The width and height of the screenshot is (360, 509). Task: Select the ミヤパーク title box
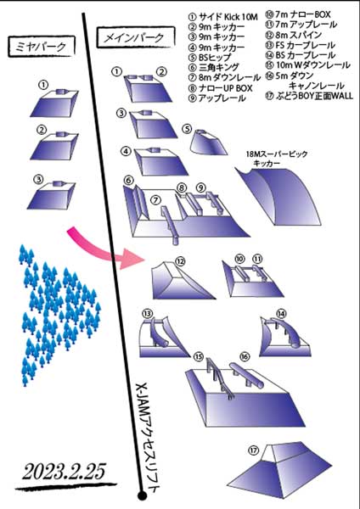pos(42,47)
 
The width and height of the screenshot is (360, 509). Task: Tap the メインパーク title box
pos(136,38)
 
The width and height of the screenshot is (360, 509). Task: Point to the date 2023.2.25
pos(64,471)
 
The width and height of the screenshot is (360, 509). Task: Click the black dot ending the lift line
pos(142,495)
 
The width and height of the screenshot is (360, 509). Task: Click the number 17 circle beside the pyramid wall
pos(253,450)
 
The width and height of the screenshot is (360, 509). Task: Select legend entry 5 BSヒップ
pos(211,58)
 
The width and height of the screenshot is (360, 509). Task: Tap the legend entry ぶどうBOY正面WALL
pos(309,96)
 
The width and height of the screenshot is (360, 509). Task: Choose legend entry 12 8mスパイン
pos(294,35)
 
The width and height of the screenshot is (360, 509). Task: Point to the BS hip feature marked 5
pos(208,143)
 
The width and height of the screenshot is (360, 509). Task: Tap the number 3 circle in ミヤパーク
pos(39,179)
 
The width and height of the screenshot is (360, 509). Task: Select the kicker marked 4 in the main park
pos(160,161)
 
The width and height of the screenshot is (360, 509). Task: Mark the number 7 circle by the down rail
pos(156,200)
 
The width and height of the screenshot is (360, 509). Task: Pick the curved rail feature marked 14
pos(285,337)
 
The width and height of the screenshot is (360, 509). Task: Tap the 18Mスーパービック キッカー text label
pos(277,159)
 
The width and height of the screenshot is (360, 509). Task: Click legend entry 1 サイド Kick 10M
pos(223,16)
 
